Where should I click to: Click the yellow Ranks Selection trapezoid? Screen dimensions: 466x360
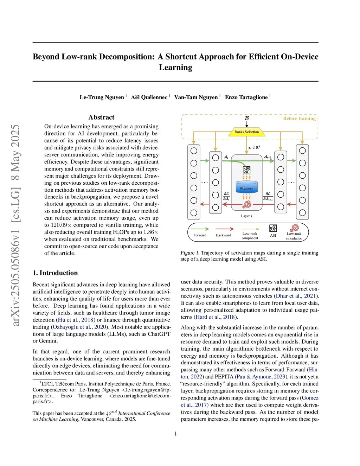[x=246, y=132]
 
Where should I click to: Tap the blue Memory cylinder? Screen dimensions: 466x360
[x=246, y=189]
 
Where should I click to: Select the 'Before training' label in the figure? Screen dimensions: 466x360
[x=299, y=119]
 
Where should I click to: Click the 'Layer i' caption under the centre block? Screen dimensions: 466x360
[x=246, y=216]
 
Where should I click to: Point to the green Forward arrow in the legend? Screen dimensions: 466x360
[x=200, y=229]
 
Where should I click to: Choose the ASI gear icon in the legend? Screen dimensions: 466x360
[x=273, y=228]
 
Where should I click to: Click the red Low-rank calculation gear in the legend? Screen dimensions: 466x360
[x=294, y=228]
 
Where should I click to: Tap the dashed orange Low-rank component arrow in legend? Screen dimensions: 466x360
[x=250, y=229]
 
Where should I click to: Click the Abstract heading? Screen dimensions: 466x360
[x=101, y=117]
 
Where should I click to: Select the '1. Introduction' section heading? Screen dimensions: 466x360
[x=55, y=273]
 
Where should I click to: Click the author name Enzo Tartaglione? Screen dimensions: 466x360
[x=246, y=97]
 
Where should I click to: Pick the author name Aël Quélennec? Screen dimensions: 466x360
[x=149, y=97]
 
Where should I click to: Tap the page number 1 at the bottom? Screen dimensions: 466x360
[x=176, y=434]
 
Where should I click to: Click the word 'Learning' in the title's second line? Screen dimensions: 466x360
[x=175, y=68]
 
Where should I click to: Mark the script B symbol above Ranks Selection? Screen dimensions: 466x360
[x=246, y=119]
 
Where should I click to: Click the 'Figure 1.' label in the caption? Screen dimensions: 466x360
[x=190, y=253]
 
